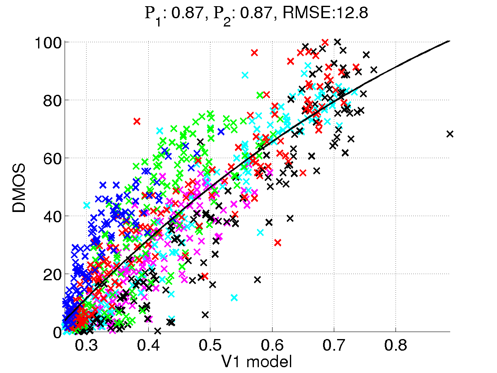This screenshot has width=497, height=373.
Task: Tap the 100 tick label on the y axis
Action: (49, 43)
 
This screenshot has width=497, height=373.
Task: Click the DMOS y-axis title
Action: (19, 189)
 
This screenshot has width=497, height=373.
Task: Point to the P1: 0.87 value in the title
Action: (170, 15)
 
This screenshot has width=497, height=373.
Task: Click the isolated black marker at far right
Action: (450, 134)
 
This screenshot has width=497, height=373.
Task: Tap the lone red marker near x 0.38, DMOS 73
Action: (137, 121)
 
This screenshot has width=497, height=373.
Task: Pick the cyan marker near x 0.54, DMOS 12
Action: (234, 298)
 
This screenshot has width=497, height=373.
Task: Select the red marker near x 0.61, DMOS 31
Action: (277, 242)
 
